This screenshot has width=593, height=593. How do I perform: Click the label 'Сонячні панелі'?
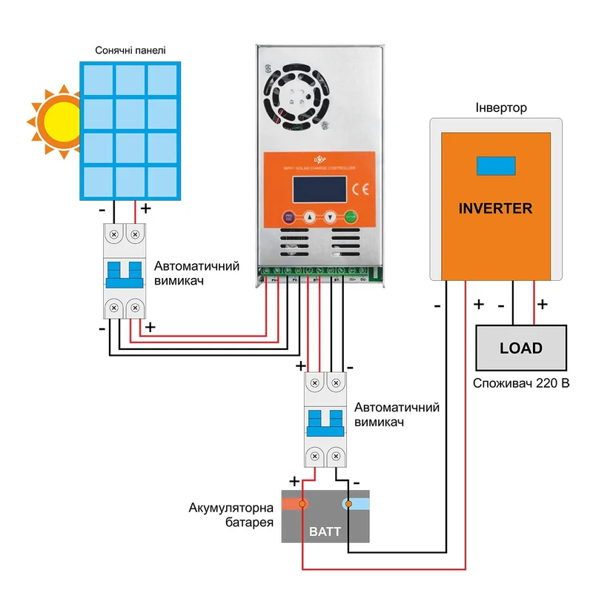130,51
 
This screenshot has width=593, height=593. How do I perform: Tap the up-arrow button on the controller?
310,219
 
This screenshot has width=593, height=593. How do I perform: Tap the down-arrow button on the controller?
331,219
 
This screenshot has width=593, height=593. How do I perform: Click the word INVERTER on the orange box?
495,208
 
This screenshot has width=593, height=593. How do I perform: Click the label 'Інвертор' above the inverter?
501,108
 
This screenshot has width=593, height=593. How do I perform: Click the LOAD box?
520,348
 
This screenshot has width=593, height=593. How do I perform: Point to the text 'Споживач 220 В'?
521,385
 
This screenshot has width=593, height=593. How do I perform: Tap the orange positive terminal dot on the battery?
302,505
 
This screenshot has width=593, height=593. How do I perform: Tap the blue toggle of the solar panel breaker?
124,274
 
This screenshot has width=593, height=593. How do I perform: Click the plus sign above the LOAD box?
542,304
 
